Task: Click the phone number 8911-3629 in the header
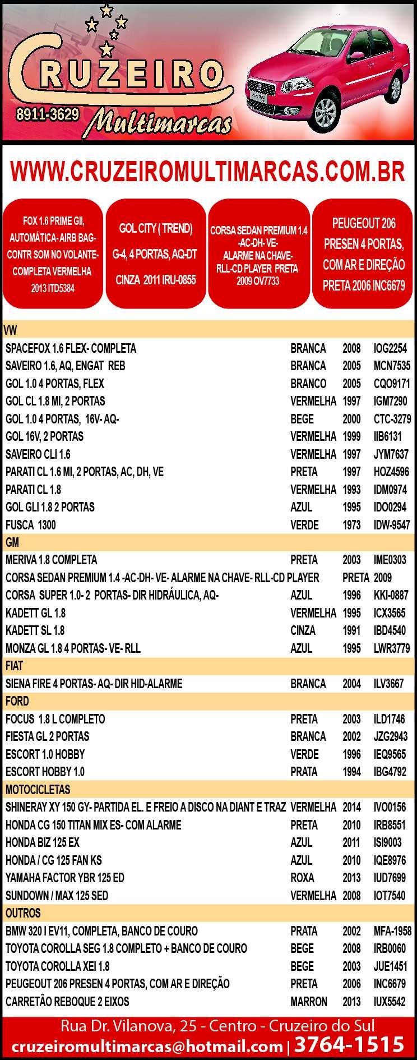(47, 114)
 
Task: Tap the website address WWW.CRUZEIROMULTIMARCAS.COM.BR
(207, 172)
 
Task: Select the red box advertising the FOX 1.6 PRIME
(54, 254)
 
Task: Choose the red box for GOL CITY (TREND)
(155, 254)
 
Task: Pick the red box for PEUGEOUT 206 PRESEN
(364, 254)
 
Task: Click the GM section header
(12, 542)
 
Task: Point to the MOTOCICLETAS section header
(38, 790)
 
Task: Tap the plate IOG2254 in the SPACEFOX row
(390, 348)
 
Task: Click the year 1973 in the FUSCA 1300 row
(351, 525)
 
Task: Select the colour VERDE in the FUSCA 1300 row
(304, 525)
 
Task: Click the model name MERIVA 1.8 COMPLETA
(51, 560)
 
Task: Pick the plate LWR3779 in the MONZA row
(391, 648)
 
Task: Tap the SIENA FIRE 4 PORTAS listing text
(94, 684)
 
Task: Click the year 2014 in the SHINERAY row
(351, 807)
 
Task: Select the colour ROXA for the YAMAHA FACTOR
(302, 878)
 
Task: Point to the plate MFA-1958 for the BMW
(392, 931)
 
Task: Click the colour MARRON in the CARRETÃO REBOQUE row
(308, 1002)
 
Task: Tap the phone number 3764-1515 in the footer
(349, 1044)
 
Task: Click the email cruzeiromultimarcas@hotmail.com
(147, 1046)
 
